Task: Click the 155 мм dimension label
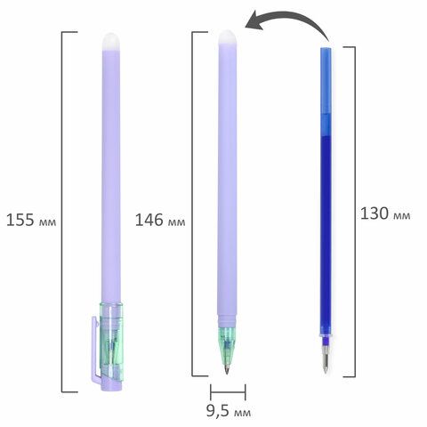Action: (x=31, y=220)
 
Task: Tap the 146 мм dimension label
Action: (x=160, y=220)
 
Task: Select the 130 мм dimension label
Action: (x=385, y=213)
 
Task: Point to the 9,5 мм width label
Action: (x=229, y=411)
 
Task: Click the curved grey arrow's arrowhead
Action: (x=254, y=21)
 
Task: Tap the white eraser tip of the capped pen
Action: (x=111, y=42)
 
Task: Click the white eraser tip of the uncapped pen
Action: (x=228, y=37)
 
